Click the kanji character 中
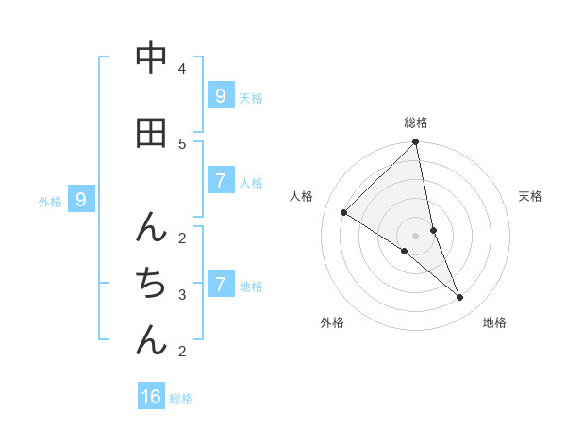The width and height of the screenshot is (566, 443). click(151, 58)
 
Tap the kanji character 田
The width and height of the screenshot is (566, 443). click(151, 133)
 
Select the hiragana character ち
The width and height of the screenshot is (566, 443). click(151, 282)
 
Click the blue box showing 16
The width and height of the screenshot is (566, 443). click(151, 397)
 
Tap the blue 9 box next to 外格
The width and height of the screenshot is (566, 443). click(81, 200)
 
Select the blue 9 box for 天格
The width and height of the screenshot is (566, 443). click(220, 95)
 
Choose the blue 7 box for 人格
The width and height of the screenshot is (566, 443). click(220, 180)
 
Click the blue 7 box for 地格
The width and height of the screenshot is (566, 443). click(220, 284)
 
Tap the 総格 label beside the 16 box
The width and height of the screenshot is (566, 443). click(181, 399)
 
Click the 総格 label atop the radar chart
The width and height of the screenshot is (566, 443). click(416, 123)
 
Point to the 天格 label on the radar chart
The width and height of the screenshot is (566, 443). click(531, 196)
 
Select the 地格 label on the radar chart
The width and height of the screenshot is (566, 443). click(494, 322)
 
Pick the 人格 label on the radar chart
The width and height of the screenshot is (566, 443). click(302, 196)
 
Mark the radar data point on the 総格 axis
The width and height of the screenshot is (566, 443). click(416, 142)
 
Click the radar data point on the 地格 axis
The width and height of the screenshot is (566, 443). click(460, 297)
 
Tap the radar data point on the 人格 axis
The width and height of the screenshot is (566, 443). click(344, 213)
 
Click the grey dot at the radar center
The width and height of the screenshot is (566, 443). click(416, 236)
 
